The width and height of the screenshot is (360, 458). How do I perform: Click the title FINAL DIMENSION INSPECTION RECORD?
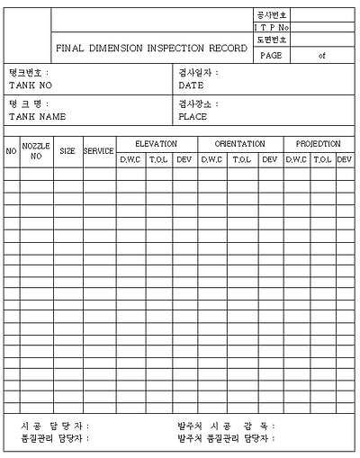click(x=150, y=48)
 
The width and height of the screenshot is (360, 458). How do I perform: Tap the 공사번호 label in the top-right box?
click(x=272, y=15)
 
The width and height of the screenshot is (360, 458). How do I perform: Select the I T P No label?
click(x=272, y=28)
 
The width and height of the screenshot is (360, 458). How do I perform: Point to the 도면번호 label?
click(x=272, y=40)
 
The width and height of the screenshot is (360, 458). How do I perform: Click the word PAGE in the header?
click(x=271, y=55)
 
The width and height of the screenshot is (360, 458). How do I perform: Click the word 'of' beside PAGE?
click(x=321, y=55)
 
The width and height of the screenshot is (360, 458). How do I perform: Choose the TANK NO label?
click(x=31, y=85)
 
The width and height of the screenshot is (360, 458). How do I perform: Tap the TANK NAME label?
click(x=38, y=117)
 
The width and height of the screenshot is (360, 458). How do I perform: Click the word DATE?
click(x=191, y=85)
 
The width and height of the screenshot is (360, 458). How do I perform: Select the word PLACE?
click(x=193, y=117)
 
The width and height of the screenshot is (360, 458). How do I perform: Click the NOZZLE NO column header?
click(x=36, y=150)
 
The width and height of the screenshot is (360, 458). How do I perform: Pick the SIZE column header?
click(x=67, y=151)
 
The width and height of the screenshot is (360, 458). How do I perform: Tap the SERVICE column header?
click(x=98, y=151)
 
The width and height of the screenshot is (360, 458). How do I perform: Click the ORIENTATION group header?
click(x=239, y=144)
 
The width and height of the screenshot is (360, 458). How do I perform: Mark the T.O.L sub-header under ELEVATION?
click(x=158, y=159)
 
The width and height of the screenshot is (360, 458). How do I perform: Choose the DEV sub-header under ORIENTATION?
click(x=269, y=159)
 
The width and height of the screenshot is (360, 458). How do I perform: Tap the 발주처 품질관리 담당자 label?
click(x=226, y=438)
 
